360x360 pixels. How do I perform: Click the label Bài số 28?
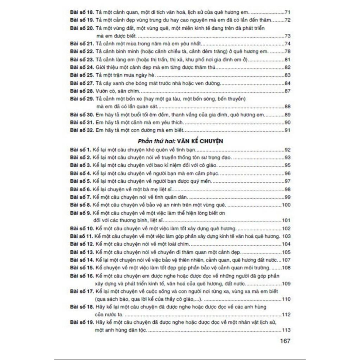(x=82, y=91)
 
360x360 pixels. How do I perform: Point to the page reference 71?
(x=287, y=12)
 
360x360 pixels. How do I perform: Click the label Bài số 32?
(x=82, y=130)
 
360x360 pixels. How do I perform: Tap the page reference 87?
(x=287, y=91)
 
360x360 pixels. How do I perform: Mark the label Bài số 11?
(x=82, y=236)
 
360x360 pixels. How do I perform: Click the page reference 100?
(x=286, y=205)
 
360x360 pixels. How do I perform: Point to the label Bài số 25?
(x=82, y=75)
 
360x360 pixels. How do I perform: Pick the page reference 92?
(x=287, y=150)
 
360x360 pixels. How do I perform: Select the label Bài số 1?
(x=81, y=150)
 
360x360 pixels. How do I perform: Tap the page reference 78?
(x=287, y=52)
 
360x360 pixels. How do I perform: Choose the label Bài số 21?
(x=82, y=44)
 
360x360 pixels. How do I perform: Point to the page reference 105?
(x=286, y=252)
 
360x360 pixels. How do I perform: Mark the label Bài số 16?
(x=82, y=276)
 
